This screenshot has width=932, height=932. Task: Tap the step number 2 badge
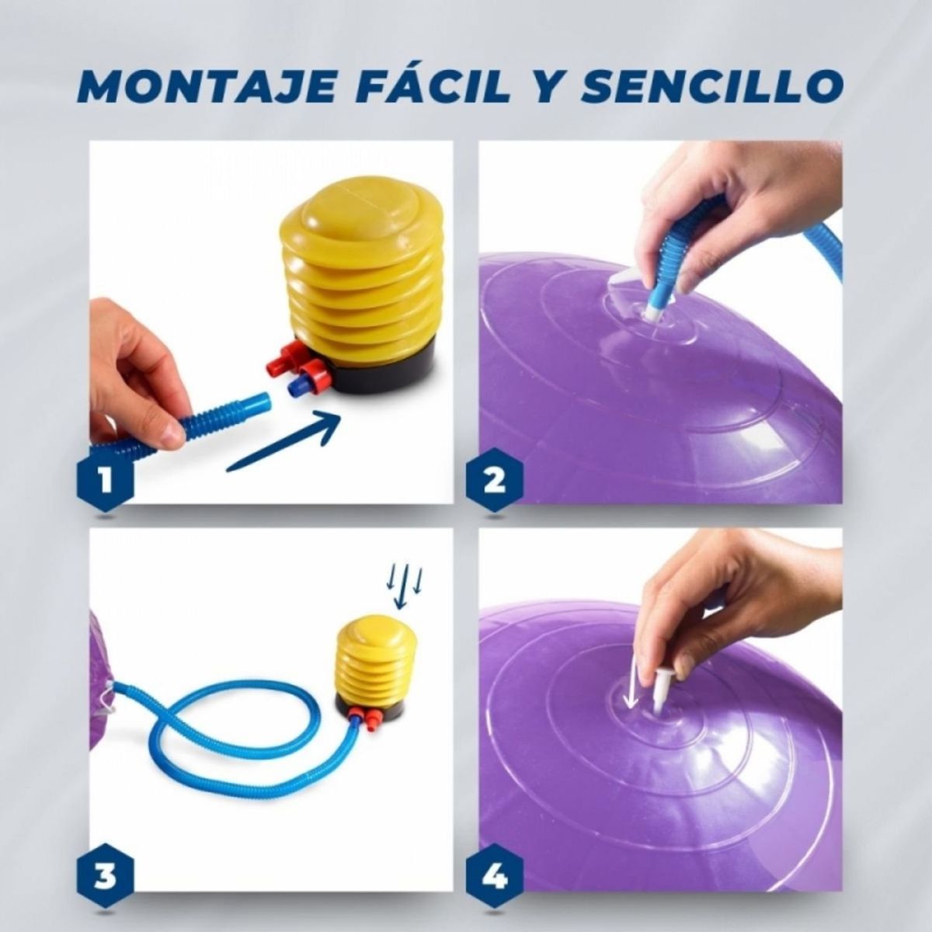(x=494, y=482)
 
